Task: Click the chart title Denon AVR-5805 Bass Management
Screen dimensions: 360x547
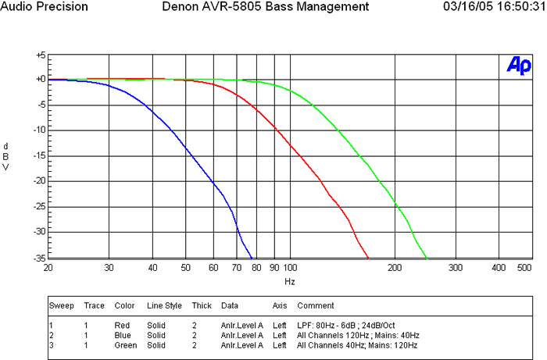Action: pyautogui.click(x=265, y=6)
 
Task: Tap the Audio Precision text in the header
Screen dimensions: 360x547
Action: pyautogui.click(x=45, y=6)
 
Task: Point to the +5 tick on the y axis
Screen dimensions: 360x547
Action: pyautogui.click(x=40, y=55)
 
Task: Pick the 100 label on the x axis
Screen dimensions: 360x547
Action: pyautogui.click(x=290, y=268)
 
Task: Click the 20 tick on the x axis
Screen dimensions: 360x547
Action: pyautogui.click(x=48, y=268)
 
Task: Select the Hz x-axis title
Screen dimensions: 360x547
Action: pyautogui.click(x=289, y=280)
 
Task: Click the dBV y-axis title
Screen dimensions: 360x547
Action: pyautogui.click(x=6, y=156)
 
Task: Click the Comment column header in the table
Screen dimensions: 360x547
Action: pyautogui.click(x=315, y=305)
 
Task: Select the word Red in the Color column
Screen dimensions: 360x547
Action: pyautogui.click(x=122, y=324)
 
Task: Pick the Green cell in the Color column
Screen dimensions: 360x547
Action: pyautogui.click(x=125, y=344)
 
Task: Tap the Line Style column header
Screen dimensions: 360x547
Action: pyautogui.click(x=164, y=305)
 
